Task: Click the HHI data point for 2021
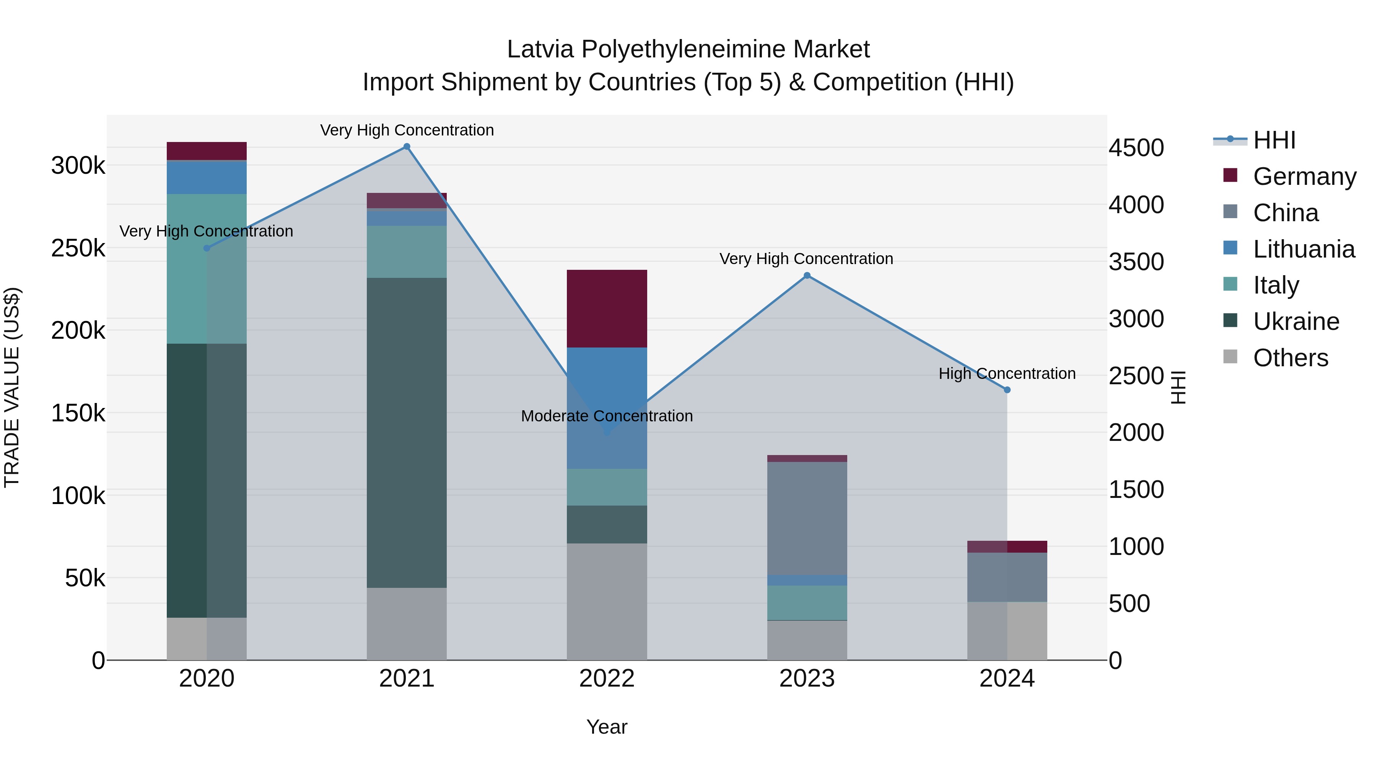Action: point(407,147)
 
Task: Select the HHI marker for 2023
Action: point(807,276)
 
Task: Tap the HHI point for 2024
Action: point(1007,390)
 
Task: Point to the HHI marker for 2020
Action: point(207,248)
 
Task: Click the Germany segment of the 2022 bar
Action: point(607,308)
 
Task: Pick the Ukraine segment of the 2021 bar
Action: point(407,433)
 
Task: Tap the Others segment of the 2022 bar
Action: point(607,602)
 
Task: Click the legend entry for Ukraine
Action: point(1296,322)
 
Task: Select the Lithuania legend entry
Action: point(1303,249)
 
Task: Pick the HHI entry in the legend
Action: point(1274,140)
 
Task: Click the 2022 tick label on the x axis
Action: point(607,679)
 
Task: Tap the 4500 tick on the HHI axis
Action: point(1136,148)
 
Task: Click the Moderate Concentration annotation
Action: point(607,416)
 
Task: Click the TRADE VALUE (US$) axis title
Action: point(12,387)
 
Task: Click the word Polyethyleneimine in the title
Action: point(683,49)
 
